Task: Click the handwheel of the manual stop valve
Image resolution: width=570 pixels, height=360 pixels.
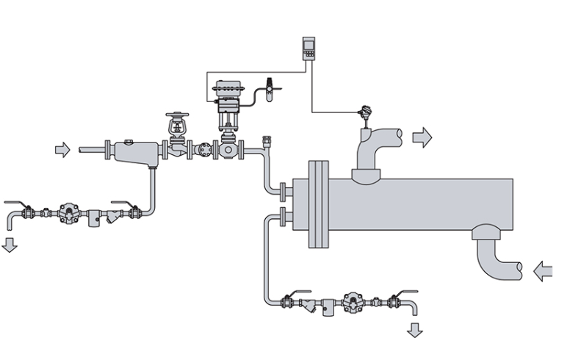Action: (176, 116)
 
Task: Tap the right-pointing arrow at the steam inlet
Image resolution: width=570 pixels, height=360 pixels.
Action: (63, 150)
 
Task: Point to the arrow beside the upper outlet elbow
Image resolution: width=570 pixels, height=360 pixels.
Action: (422, 137)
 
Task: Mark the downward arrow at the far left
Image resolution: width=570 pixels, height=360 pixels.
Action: (10, 244)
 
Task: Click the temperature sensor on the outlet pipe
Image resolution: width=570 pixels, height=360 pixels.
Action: (362, 115)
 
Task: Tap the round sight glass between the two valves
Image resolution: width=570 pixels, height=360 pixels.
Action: (201, 151)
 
